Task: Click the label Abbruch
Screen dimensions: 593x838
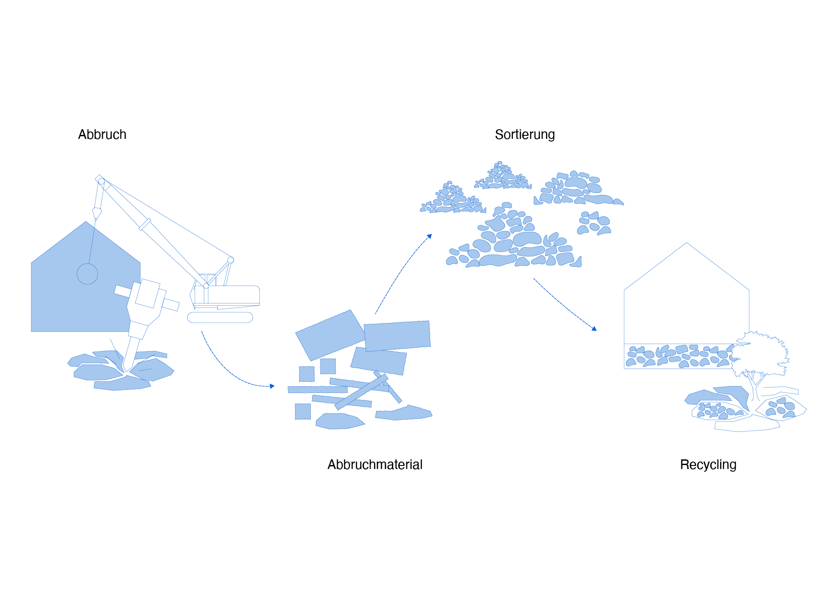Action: click(102, 134)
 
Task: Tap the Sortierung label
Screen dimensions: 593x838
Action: click(525, 134)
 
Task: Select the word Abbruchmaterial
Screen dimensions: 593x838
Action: click(374, 464)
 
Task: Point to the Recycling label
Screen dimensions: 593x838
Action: click(708, 464)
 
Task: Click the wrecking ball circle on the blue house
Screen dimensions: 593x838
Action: click(87, 274)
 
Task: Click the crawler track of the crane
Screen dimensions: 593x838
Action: click(220, 317)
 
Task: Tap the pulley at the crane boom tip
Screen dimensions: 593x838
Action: click(101, 181)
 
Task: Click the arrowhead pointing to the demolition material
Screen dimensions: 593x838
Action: click(272, 386)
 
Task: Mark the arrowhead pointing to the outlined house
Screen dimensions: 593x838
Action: click(594, 329)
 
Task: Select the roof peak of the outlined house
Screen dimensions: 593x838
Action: click(687, 244)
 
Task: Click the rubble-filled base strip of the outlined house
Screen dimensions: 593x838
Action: click(677, 356)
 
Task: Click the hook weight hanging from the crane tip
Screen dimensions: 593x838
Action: click(96, 214)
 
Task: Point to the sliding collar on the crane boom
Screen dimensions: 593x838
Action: click(145, 224)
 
